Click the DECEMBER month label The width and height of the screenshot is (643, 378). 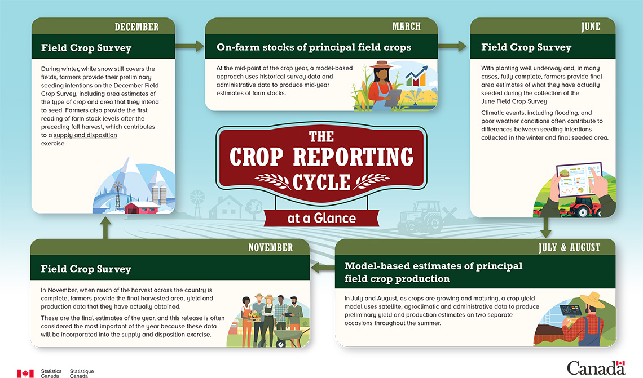(x=136, y=27)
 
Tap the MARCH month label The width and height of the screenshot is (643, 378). (x=406, y=26)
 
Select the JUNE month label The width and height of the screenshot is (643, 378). (x=591, y=26)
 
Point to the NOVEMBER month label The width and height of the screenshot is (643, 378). (x=271, y=247)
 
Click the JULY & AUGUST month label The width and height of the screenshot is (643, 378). (x=569, y=247)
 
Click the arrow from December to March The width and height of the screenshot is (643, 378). (x=190, y=46)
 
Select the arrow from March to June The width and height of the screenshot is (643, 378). (x=452, y=46)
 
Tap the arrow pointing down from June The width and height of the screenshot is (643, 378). (x=545, y=228)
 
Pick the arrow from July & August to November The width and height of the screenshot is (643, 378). (x=323, y=268)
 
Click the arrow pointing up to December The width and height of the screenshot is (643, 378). (x=105, y=227)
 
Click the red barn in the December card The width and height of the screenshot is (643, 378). (x=141, y=208)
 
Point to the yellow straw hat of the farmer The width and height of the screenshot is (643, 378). (x=593, y=299)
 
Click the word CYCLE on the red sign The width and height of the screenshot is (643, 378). (x=321, y=183)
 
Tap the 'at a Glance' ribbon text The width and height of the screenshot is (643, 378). (x=321, y=218)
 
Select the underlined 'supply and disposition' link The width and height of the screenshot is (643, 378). (x=85, y=135)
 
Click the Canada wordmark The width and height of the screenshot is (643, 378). (x=596, y=368)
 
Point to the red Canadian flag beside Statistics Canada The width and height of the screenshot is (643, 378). (x=25, y=373)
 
